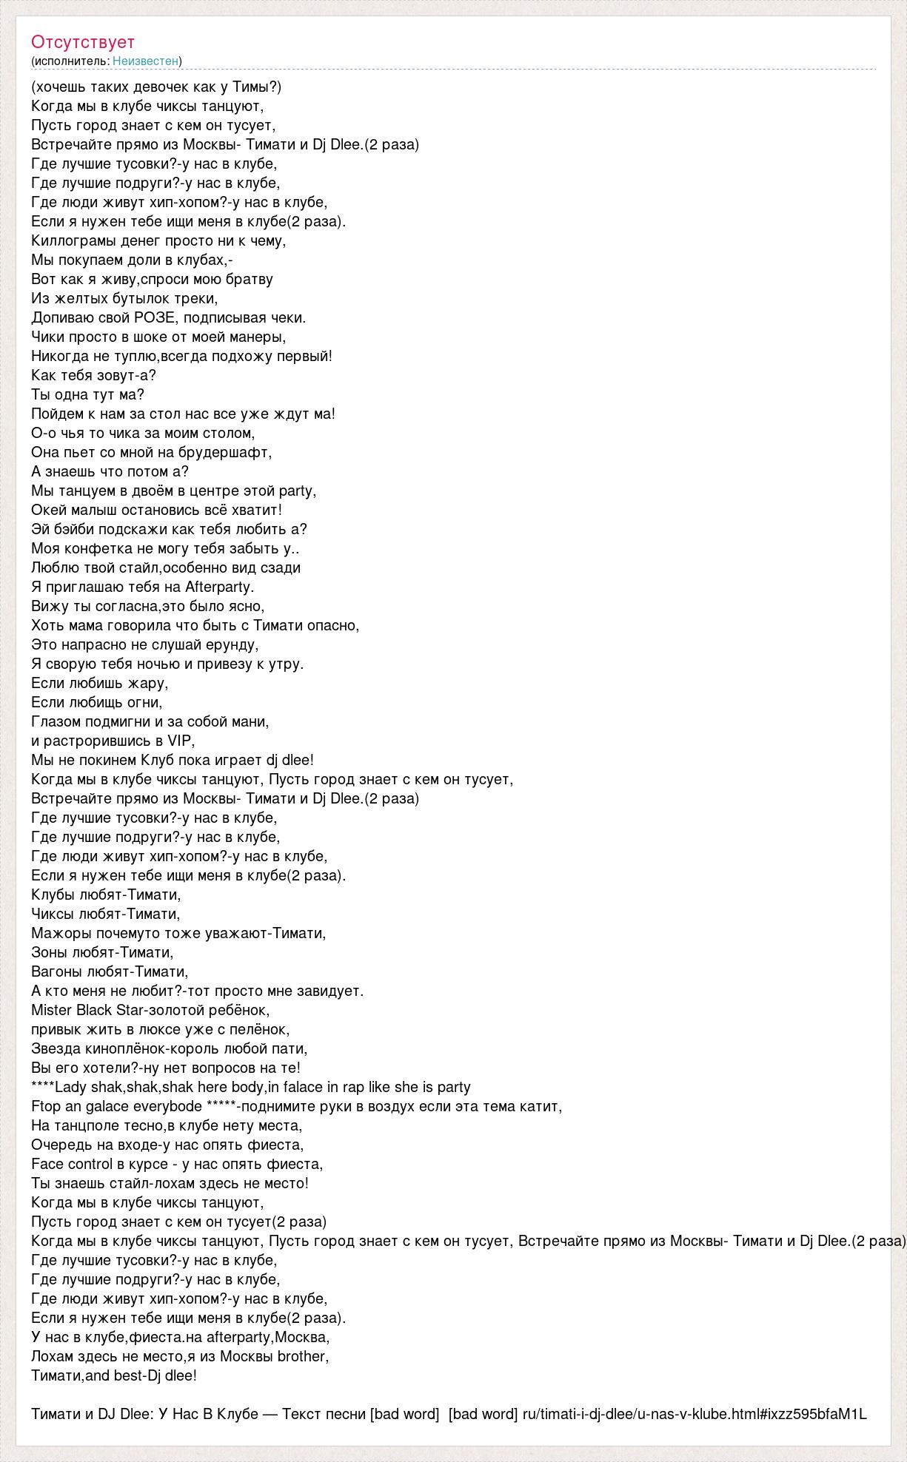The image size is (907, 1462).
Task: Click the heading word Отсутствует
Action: [x=83, y=42]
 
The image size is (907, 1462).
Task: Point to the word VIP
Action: [x=179, y=741]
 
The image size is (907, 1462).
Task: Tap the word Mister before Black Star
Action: [x=52, y=1010]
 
